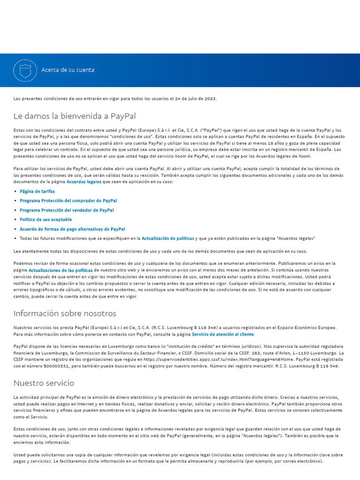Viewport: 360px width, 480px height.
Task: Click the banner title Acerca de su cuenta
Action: (x=67, y=70)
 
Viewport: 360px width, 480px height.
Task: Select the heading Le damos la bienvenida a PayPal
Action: (x=75, y=116)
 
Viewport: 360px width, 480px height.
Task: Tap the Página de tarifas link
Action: (x=37, y=191)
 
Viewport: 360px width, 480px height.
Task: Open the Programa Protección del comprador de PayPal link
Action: (x=68, y=201)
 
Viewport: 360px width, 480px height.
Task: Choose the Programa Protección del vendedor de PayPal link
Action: (x=67, y=210)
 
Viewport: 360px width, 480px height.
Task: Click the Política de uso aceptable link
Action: (x=45, y=219)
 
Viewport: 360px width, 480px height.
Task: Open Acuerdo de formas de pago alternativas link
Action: (x=72, y=229)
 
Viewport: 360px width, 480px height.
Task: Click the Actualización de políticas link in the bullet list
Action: (x=168, y=238)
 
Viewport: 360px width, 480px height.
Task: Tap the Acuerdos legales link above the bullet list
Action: (x=84, y=181)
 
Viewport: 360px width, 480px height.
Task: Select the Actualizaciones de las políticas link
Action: (x=60, y=270)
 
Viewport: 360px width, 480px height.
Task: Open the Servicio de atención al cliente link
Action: (x=223, y=334)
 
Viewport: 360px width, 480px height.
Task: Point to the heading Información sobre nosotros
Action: (x=65, y=313)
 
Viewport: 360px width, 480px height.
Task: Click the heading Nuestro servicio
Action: (x=44, y=383)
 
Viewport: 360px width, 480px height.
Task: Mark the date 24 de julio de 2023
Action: (x=195, y=98)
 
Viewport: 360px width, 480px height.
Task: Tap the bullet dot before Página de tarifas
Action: (x=15, y=191)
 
